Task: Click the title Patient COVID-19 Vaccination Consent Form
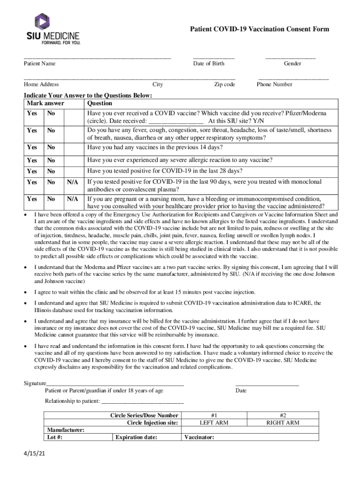[259, 29]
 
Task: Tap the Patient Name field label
[40, 64]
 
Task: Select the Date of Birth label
[209, 64]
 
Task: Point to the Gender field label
[292, 64]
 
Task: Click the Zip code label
[224, 85]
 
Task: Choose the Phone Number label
[274, 85]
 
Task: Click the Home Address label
[42, 85]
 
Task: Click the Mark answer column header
[45, 103]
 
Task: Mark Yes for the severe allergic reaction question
[32, 160]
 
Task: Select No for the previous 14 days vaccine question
[51, 147]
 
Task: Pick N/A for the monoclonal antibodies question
[72, 181]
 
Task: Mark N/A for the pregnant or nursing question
[72, 199]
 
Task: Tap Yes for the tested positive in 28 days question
[32, 171]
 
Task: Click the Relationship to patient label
[72, 401]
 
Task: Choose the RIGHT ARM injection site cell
[283, 422]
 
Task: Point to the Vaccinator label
[199, 437]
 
